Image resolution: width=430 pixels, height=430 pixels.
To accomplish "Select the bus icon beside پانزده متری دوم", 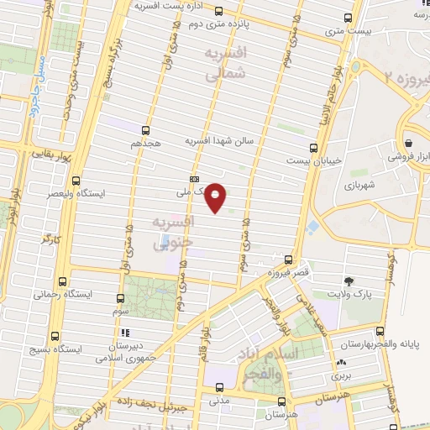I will [x=219, y=12].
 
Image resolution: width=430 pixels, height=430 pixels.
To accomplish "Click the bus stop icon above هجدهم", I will [x=145, y=130].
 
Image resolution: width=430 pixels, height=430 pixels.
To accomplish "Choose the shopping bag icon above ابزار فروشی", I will [x=407, y=142].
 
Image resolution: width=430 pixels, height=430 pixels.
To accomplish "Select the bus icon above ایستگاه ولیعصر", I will [x=76, y=181].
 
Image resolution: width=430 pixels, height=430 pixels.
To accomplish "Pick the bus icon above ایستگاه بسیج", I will [x=56, y=333].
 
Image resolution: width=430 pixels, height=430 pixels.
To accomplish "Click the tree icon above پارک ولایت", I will [x=348, y=279].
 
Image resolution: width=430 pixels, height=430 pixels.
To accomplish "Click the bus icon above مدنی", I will [x=219, y=388].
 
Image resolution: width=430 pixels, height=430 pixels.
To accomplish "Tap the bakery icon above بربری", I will [x=341, y=363].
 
